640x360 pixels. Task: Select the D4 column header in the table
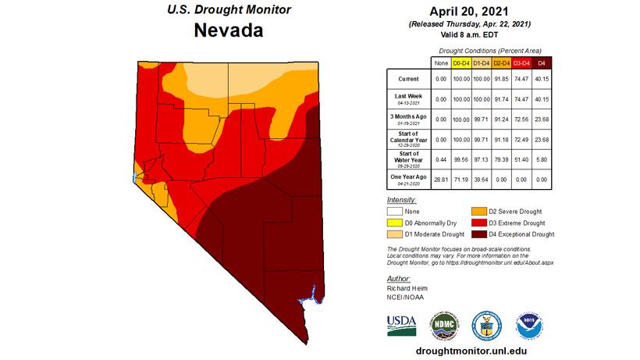(540, 62)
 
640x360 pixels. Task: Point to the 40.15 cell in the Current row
(540, 79)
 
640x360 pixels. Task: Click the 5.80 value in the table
(540, 159)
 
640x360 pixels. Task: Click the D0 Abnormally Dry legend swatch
(397, 223)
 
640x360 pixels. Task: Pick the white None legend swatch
(397, 211)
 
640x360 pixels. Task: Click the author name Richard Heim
(407, 288)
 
